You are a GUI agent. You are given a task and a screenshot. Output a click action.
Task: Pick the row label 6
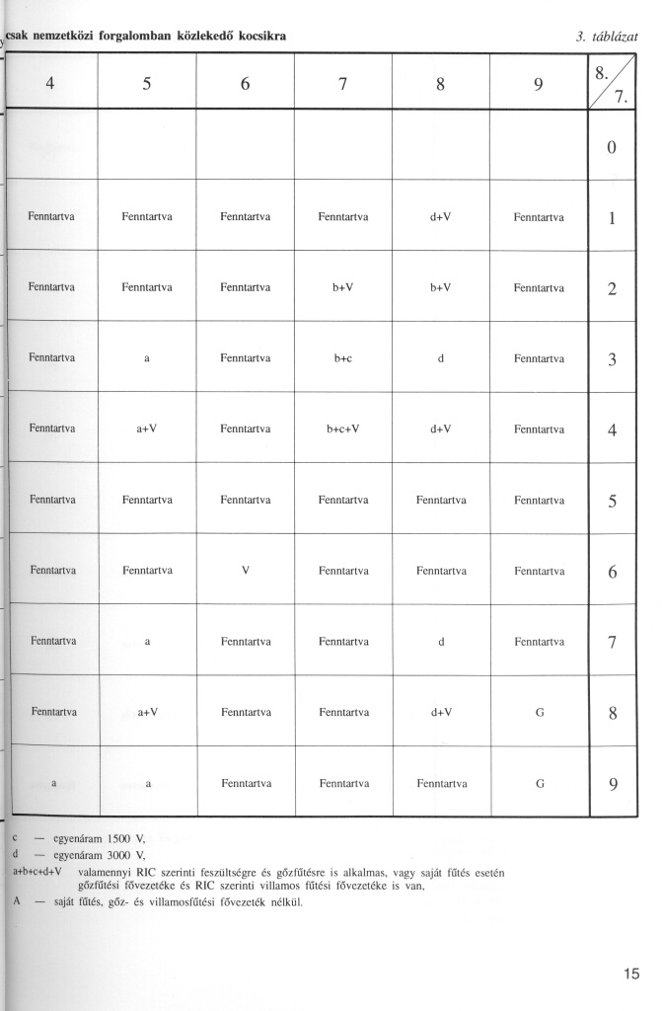pyautogui.click(x=612, y=571)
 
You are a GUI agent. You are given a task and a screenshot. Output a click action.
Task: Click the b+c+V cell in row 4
pyautogui.click(x=343, y=428)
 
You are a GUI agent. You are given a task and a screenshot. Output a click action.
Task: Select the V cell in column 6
pyautogui.click(x=246, y=570)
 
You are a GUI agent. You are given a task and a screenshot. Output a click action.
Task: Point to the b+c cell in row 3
pyautogui.click(x=343, y=358)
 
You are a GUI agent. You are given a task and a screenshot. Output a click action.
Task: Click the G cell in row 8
pyautogui.click(x=540, y=711)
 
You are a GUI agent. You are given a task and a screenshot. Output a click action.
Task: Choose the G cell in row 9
pyautogui.click(x=540, y=783)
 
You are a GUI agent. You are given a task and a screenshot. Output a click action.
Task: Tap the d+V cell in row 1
pyautogui.click(x=441, y=217)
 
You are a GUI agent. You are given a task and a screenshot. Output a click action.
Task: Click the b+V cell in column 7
pyautogui.click(x=343, y=287)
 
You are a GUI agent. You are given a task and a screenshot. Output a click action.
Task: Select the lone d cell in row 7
pyautogui.click(x=441, y=641)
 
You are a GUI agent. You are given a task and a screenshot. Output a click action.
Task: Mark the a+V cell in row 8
pyautogui.click(x=147, y=711)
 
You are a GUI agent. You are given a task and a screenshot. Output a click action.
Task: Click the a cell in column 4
pyautogui.click(x=53, y=783)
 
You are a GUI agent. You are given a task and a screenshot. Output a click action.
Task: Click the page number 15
pyautogui.click(x=631, y=974)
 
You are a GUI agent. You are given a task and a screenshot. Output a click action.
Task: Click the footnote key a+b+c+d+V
pyautogui.click(x=37, y=871)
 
